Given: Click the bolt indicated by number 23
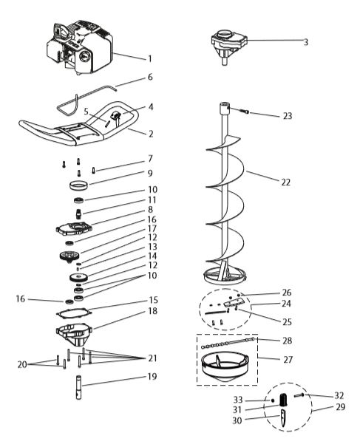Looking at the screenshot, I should (246, 113).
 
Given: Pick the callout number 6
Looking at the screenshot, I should (150, 77).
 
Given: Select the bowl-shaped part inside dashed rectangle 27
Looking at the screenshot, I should (228, 365).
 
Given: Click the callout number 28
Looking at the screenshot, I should (287, 341).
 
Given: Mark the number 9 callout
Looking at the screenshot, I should (150, 174).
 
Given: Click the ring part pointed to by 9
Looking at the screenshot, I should (78, 185).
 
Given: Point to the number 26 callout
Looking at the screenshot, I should (286, 292).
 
